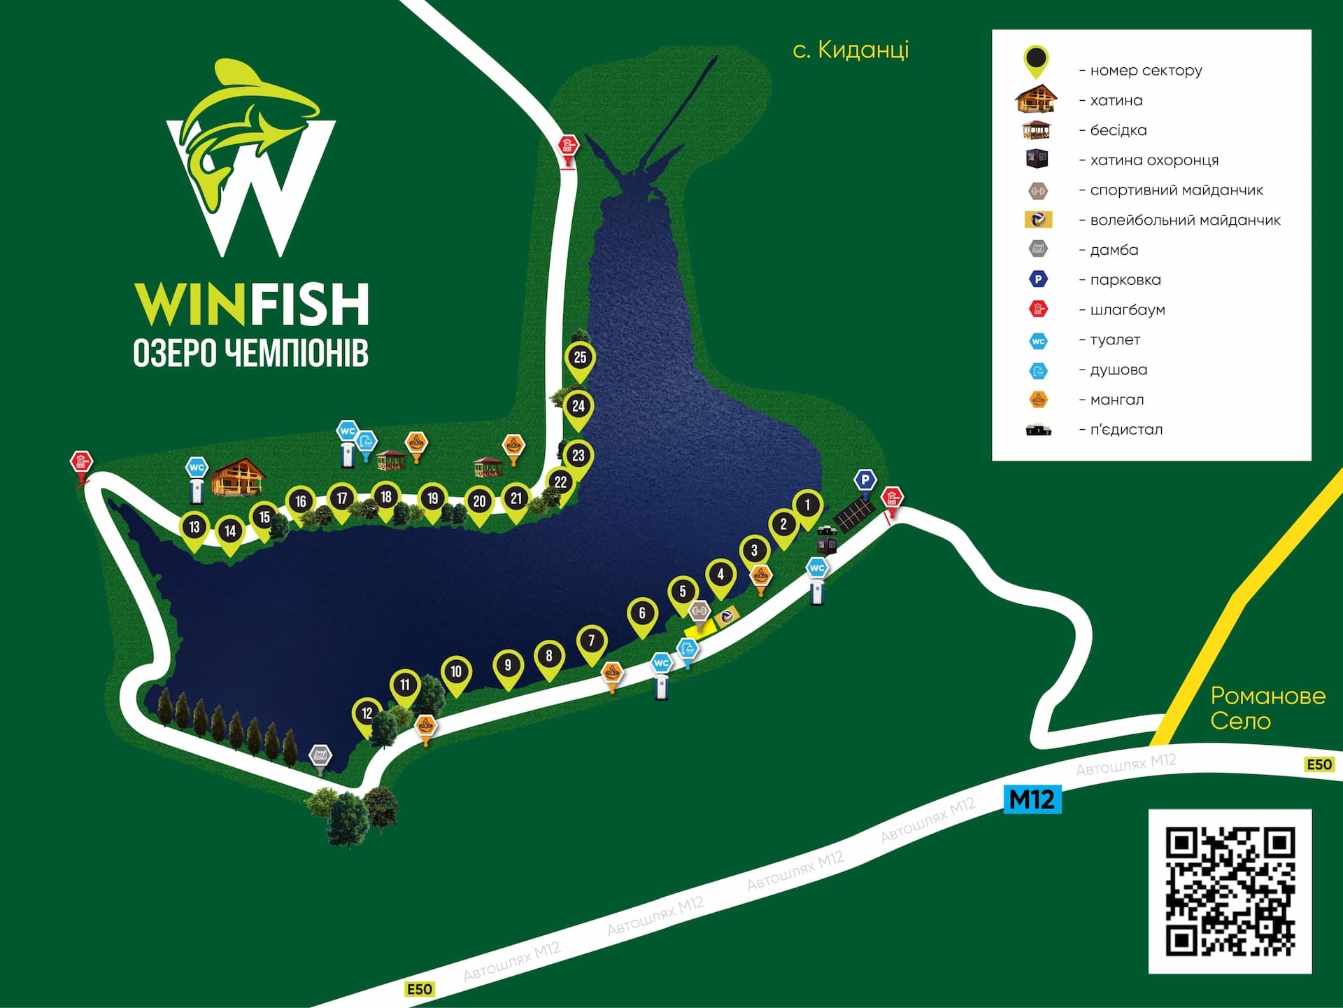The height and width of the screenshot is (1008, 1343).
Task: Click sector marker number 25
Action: click(x=580, y=358)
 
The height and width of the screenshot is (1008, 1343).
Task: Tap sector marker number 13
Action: click(x=194, y=527)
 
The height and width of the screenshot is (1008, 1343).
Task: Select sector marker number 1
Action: click(x=807, y=505)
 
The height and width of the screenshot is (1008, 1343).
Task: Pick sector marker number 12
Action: click(x=367, y=713)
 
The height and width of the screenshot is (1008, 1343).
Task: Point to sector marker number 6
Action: click(x=642, y=613)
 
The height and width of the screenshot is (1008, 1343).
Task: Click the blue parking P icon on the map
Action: click(x=865, y=480)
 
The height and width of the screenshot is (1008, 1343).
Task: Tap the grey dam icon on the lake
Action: click(x=320, y=756)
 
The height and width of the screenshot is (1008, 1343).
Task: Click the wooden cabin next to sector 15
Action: click(x=239, y=477)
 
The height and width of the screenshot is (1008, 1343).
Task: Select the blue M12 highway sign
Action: click(x=1032, y=799)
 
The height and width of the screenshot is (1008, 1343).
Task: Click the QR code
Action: click(x=1230, y=891)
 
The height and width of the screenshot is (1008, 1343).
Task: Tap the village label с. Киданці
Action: click(x=851, y=50)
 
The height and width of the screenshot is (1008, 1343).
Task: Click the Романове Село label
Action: click(x=1267, y=708)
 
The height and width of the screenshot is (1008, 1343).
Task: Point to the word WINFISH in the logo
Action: click(x=251, y=304)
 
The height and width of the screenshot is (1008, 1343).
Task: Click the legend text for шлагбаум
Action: click(x=1127, y=310)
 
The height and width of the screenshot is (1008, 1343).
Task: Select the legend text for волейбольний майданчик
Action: click(x=1184, y=220)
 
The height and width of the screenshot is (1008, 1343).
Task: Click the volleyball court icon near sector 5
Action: click(x=727, y=615)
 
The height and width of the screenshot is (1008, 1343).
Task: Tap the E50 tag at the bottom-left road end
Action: click(x=419, y=989)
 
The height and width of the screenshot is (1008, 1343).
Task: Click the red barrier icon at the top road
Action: click(x=568, y=147)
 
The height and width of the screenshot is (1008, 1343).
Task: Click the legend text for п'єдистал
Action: click(x=1125, y=430)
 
